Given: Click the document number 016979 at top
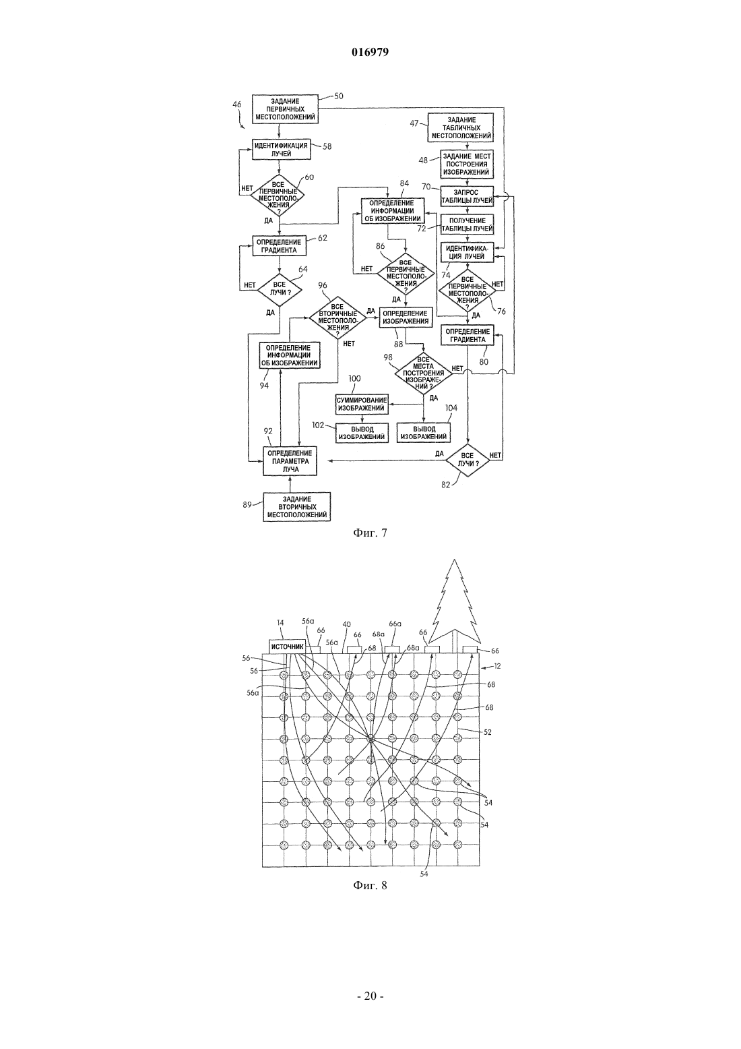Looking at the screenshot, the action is pyautogui.click(x=370, y=53).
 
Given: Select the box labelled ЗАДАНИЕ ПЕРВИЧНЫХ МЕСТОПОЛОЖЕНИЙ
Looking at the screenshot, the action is pyautogui.click(x=286, y=109).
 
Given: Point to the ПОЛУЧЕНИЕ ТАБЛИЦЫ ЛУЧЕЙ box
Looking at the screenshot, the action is pyautogui.click(x=467, y=224).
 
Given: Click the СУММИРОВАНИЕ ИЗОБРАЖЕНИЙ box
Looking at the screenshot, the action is pyautogui.click(x=362, y=404).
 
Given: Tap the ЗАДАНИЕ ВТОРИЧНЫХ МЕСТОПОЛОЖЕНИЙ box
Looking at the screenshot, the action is pyautogui.click(x=297, y=507).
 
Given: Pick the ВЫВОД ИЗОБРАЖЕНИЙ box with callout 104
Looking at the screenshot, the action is pyautogui.click(x=423, y=432).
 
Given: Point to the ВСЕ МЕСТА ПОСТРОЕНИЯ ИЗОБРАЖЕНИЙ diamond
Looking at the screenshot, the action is pyautogui.click(x=423, y=373).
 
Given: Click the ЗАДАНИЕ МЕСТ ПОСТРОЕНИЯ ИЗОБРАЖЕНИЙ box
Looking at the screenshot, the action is pyautogui.click(x=467, y=164).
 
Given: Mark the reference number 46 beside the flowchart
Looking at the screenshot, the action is pyautogui.click(x=236, y=104).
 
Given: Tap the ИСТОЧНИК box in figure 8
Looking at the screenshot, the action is pyautogui.click(x=287, y=647).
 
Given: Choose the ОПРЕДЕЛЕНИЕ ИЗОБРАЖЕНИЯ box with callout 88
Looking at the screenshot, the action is pyautogui.click(x=406, y=317).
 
